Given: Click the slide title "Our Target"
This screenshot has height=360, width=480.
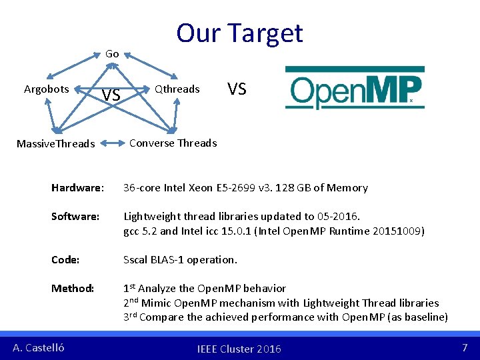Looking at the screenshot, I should (x=239, y=33).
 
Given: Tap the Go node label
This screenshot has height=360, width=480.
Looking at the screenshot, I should (x=112, y=53).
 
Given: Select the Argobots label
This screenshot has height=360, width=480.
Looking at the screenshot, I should (x=46, y=89).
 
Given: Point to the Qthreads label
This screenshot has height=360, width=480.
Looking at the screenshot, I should (x=177, y=89).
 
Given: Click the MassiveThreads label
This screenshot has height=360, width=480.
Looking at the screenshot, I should (x=55, y=144).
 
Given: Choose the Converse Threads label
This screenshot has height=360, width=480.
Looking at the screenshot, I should (x=173, y=143).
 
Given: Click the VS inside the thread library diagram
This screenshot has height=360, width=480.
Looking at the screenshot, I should (x=111, y=95).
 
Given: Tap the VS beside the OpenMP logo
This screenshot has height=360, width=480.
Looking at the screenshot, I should (x=237, y=89).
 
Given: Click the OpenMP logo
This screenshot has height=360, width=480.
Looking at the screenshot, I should (x=355, y=88).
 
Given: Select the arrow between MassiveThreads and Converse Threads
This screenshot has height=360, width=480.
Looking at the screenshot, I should (x=113, y=143).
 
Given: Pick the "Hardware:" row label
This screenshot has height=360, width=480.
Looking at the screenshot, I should (x=77, y=188).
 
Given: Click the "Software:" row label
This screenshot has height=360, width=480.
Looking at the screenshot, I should (x=75, y=217).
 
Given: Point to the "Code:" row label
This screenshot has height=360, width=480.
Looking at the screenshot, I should (x=65, y=259).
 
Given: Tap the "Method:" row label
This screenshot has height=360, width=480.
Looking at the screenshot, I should (x=73, y=289).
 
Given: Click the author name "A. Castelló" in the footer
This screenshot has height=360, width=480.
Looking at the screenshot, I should (x=39, y=347).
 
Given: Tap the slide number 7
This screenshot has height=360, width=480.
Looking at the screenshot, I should (x=465, y=347).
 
